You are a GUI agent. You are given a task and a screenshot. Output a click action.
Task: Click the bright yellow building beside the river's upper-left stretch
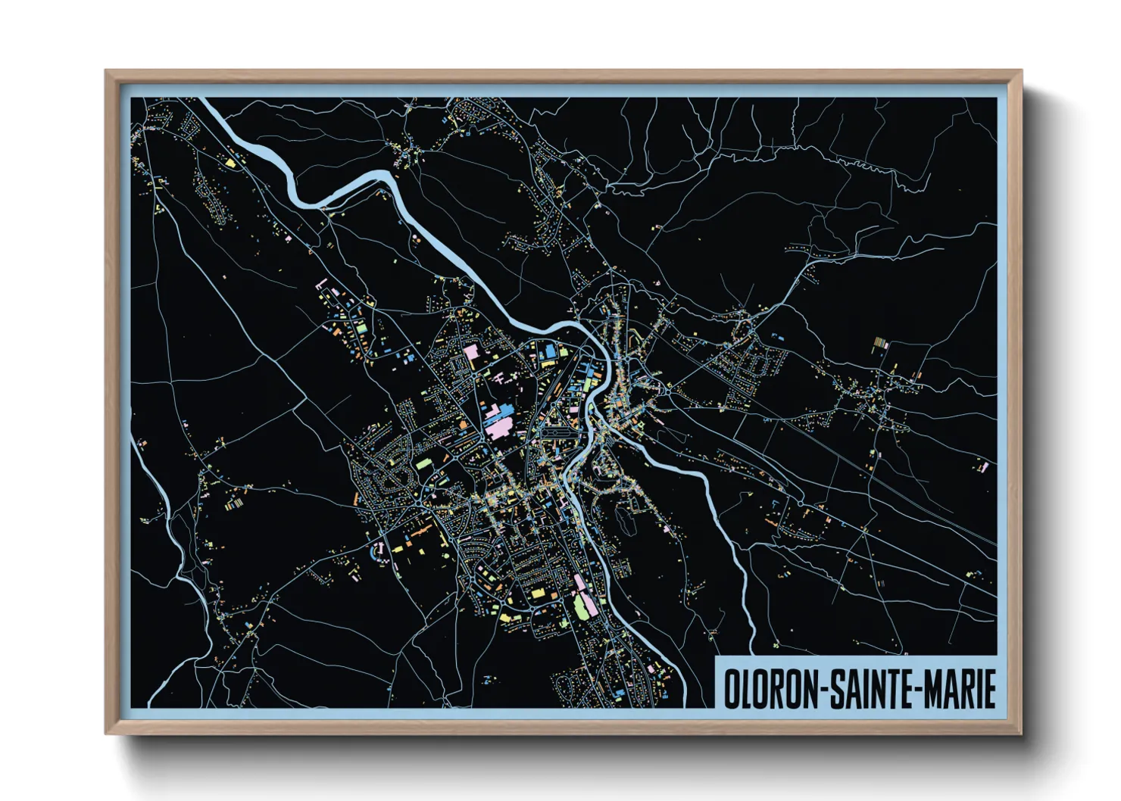click(x=230, y=161)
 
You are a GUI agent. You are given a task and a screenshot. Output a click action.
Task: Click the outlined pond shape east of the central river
click(x=622, y=521)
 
